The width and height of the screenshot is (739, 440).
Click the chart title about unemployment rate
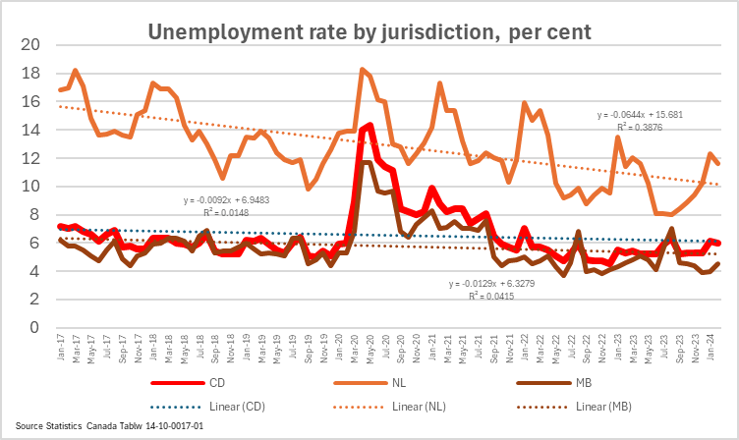pyautogui.click(x=369, y=31)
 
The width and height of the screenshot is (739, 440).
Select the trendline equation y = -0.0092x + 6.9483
pyautogui.click(x=233, y=200)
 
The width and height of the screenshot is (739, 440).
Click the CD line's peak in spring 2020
pyautogui.click(x=369, y=125)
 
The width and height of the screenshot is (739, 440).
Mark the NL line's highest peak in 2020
pyautogui.click(x=363, y=69)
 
